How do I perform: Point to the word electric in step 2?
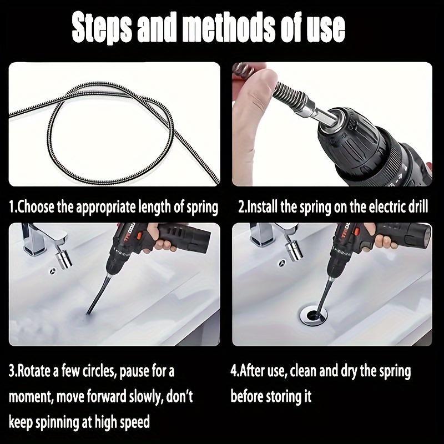[x=373, y=207]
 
